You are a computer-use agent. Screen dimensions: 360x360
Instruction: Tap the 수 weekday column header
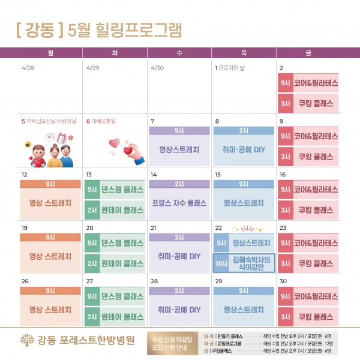tap(179, 53)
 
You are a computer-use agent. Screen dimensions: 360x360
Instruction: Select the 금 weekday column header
tap(308, 53)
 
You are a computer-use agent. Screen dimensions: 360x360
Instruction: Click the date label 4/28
tap(28, 68)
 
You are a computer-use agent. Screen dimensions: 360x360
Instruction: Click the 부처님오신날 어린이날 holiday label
tap(51, 121)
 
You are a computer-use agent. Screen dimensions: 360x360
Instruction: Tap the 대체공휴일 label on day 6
tap(103, 121)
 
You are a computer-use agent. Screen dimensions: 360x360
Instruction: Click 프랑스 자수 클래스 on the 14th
tap(179, 203)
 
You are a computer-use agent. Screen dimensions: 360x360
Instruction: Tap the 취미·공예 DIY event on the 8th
tap(243, 149)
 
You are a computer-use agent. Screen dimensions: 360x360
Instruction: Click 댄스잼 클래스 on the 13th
tap(122, 191)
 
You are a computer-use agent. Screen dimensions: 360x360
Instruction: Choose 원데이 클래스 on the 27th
tap(122, 316)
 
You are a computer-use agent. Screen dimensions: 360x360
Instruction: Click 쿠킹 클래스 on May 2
tap(315, 102)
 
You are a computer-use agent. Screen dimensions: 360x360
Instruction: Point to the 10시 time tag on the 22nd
tap(220, 263)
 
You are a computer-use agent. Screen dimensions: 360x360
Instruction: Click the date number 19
tap(25, 228)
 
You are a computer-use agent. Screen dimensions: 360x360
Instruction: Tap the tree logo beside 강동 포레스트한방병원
tap(27, 340)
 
